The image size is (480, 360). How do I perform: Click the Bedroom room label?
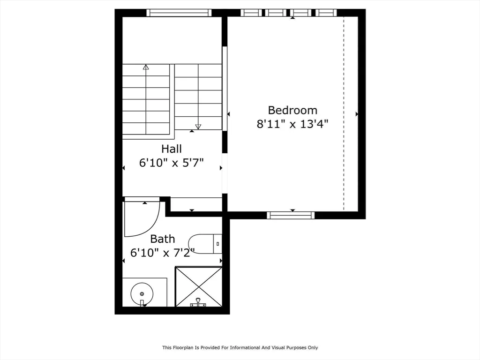point(292,110)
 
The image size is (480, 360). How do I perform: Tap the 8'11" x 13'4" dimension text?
point(292,124)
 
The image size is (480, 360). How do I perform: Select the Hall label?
point(172,149)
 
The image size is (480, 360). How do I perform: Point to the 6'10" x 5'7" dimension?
point(172,163)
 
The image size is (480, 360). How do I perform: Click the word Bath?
point(163,239)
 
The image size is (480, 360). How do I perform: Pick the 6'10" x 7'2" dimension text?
point(163,253)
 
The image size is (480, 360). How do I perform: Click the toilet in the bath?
point(205,244)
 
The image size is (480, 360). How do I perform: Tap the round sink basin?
point(142,293)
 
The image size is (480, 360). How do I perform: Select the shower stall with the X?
point(199,287)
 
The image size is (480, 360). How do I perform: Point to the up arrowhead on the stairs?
point(146,67)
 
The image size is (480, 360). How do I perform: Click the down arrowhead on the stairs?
point(198,127)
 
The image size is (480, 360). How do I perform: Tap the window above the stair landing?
point(179,13)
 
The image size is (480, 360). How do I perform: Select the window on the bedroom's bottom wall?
point(291,215)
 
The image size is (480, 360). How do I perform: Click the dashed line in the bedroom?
point(344,114)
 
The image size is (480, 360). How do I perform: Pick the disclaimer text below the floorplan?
point(240,347)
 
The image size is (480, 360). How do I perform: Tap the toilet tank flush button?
point(217,244)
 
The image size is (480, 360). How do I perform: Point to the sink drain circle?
point(142,294)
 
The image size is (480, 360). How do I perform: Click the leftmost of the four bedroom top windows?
point(251,13)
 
